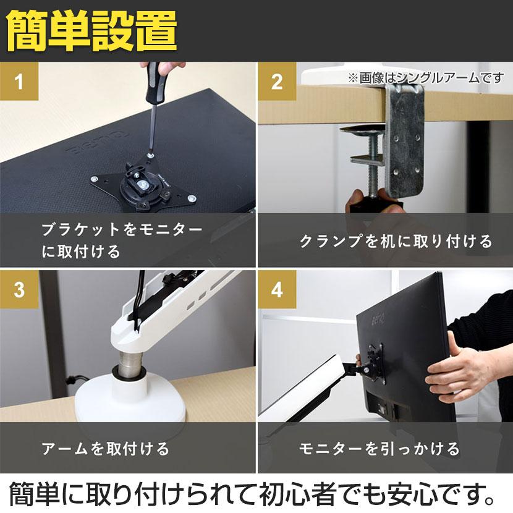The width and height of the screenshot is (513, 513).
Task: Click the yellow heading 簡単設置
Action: [x=92, y=31]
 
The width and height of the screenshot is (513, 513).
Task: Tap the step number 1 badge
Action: [x=19, y=82]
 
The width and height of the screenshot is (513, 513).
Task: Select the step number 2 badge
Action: [x=277, y=82]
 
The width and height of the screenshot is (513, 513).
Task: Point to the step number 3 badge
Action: [x=19, y=289]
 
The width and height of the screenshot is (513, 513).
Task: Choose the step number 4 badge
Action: [x=277, y=289]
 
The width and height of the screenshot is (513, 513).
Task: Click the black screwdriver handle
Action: [x=153, y=82]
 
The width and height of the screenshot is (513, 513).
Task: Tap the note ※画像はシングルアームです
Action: [x=426, y=78]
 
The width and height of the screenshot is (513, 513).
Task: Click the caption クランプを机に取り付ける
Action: [x=396, y=241]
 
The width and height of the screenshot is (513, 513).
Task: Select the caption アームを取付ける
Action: [x=105, y=448]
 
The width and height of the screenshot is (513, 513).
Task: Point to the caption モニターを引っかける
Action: [x=379, y=448]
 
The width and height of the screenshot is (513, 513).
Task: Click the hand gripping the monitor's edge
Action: [x=458, y=370]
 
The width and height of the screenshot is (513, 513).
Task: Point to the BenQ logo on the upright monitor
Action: [x=377, y=318]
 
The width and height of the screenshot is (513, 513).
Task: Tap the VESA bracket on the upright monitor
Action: [x=374, y=362]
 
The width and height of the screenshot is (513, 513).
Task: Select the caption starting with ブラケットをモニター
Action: [x=122, y=240]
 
